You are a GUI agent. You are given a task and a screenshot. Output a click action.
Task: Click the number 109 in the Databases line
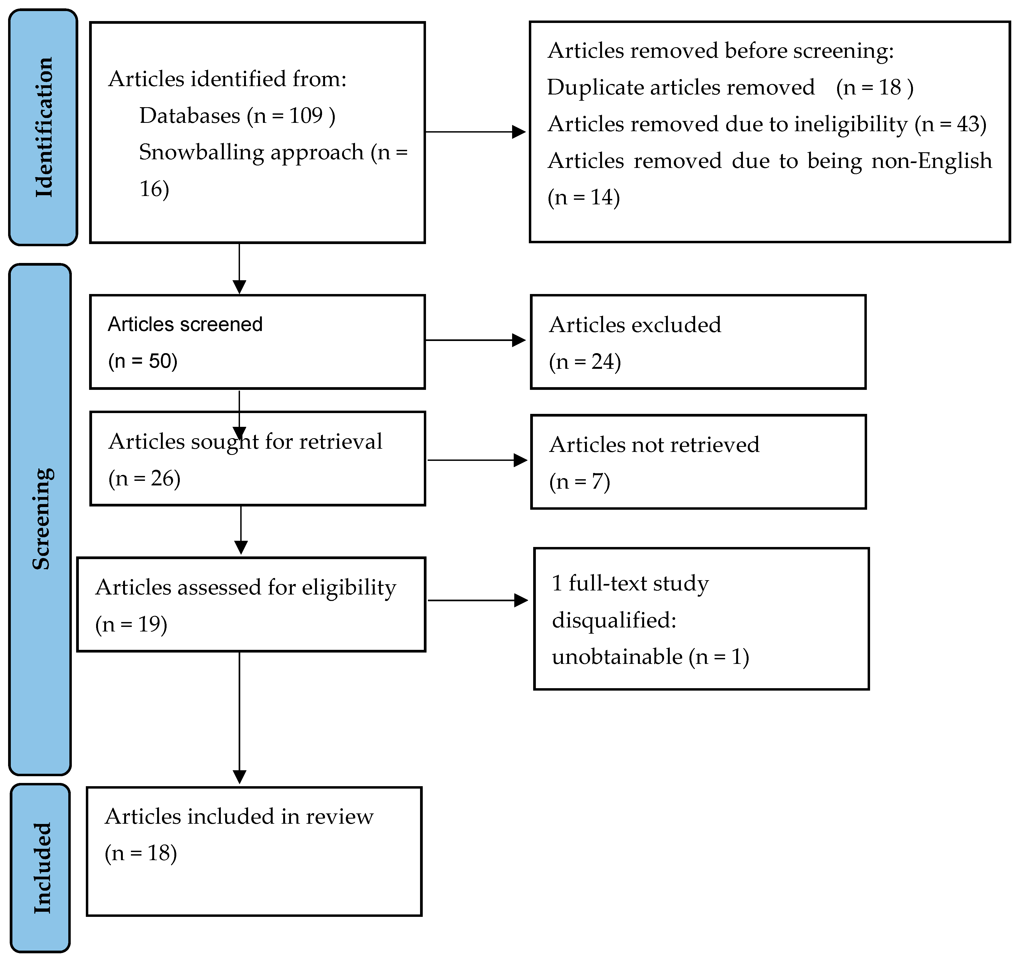coord(306,116)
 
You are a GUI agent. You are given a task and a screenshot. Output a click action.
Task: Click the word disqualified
coord(614,620)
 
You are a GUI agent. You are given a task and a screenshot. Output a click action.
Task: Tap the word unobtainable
coord(617,657)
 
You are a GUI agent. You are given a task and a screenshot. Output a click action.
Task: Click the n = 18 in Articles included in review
coord(141,853)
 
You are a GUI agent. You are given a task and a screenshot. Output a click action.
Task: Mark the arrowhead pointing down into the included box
coord(239,777)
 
